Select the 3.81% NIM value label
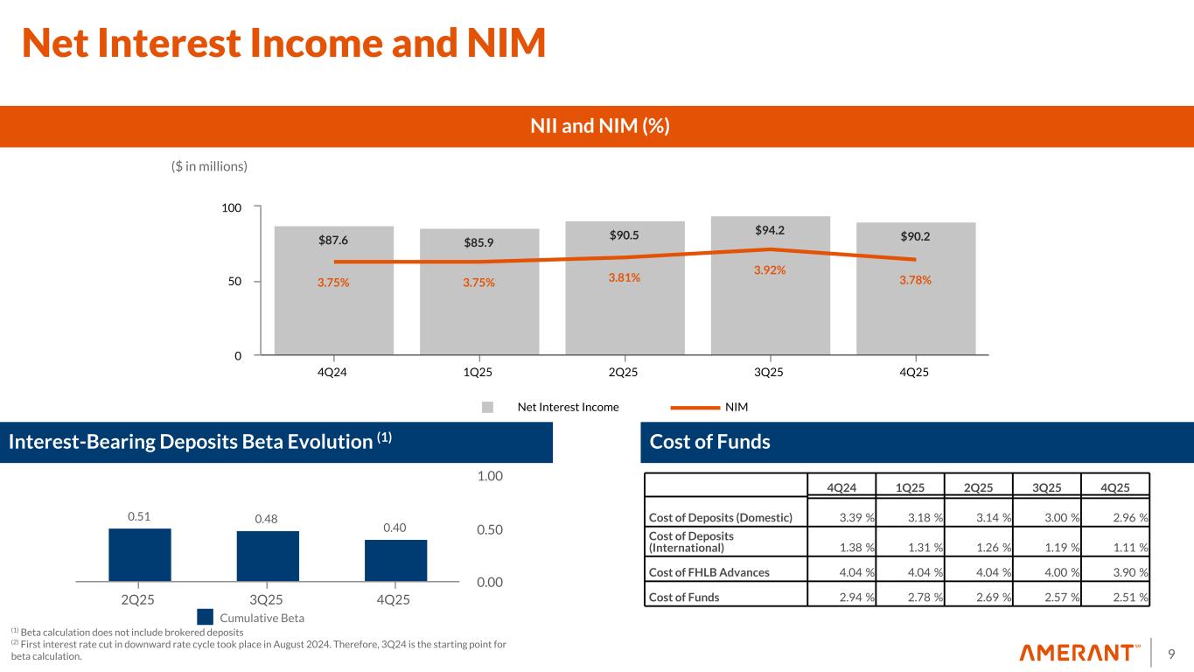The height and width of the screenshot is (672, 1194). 625,277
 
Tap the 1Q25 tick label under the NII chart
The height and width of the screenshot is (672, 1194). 478,372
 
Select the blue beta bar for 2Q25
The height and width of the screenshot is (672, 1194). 139,555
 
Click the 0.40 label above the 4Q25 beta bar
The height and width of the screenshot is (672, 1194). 395,528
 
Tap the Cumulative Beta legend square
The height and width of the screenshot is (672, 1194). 204,618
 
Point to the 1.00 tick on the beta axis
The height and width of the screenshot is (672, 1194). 490,476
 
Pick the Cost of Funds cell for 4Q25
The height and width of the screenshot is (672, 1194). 1127,598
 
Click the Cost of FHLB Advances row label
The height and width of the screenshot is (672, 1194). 708,572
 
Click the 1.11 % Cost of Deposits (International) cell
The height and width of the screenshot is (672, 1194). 1127,549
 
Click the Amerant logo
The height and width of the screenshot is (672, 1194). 1079,653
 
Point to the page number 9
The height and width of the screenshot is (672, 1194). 1172,653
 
